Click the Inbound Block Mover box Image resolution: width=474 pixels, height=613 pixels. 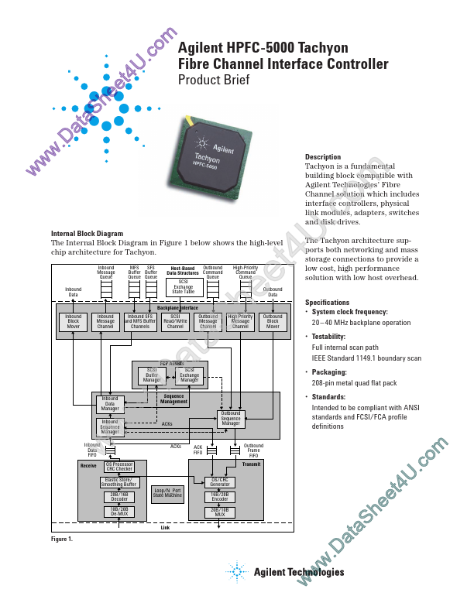(74, 322)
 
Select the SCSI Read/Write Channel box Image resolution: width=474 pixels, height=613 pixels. (174, 322)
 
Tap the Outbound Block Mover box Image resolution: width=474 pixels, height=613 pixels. (273, 322)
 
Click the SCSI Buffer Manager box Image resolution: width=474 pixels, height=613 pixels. (153, 375)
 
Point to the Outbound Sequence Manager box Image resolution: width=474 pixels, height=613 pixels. (231, 419)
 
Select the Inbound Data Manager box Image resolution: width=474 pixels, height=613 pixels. (110, 403)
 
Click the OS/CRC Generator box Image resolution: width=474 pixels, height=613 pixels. (224, 481)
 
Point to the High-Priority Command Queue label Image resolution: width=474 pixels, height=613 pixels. (246, 272)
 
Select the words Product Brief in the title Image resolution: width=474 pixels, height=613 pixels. (214, 80)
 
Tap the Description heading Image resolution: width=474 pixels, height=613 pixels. (323, 157)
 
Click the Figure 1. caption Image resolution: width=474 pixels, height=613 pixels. (61, 539)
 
